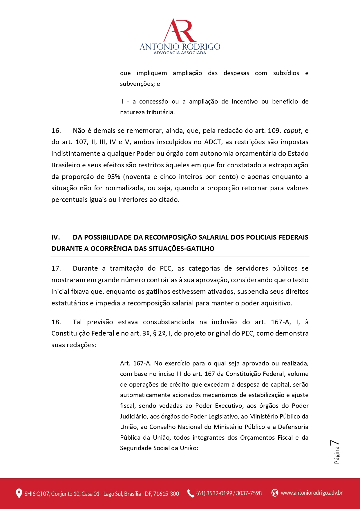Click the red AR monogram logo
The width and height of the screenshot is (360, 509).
pyautogui.click(x=180, y=30)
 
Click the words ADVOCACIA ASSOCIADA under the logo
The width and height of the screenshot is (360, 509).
pyautogui.click(x=180, y=53)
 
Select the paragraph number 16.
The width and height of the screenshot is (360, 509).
pyautogui.click(x=56, y=131)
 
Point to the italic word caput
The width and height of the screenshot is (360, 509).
pyautogui.click(x=292, y=131)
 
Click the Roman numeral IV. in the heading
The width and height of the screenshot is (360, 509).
pyautogui.click(x=55, y=237)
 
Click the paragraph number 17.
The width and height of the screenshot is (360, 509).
pyautogui.click(x=56, y=268)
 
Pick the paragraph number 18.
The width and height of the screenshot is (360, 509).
pyautogui.click(x=56, y=322)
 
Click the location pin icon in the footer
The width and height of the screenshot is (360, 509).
pyautogui.click(x=19, y=493)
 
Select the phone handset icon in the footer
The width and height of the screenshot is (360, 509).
pyautogui.click(x=191, y=493)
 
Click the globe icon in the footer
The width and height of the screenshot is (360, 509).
pyautogui.click(x=274, y=493)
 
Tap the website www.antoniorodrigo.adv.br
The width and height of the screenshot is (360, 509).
pyautogui.click(x=312, y=493)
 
